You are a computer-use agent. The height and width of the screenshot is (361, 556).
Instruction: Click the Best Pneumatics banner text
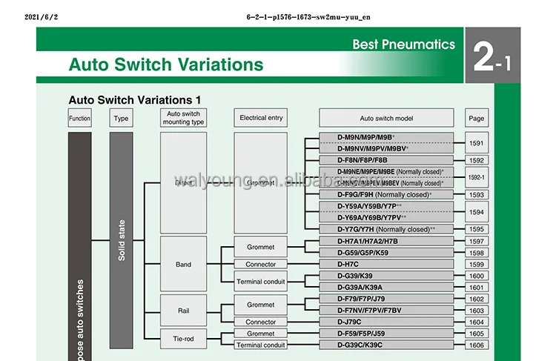[x=404, y=44]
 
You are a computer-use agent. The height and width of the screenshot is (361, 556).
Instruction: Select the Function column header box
[x=79, y=118]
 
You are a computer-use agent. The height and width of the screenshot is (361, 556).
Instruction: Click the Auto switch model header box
[x=385, y=118]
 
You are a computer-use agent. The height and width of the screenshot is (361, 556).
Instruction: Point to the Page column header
[x=477, y=118]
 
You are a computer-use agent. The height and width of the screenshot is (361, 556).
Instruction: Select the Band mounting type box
[x=183, y=264]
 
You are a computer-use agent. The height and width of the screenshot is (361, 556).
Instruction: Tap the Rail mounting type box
[x=183, y=311]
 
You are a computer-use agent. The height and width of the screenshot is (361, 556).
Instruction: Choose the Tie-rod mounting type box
[x=183, y=339]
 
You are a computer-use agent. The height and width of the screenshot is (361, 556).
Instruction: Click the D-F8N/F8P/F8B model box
[x=385, y=159]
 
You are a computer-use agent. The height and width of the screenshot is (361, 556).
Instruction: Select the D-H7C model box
[x=385, y=264]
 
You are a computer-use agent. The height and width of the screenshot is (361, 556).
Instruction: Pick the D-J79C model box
[x=385, y=322]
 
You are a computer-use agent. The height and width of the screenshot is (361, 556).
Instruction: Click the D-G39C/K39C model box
[x=385, y=345]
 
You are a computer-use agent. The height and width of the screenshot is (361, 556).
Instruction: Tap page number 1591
[x=477, y=143]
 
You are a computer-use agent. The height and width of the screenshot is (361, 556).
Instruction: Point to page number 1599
[x=477, y=264]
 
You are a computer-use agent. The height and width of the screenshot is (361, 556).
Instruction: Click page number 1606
[x=477, y=345]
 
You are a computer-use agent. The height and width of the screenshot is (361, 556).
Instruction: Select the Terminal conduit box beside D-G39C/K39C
[x=260, y=345]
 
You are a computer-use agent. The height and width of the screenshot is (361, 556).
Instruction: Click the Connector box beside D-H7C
[x=260, y=264]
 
